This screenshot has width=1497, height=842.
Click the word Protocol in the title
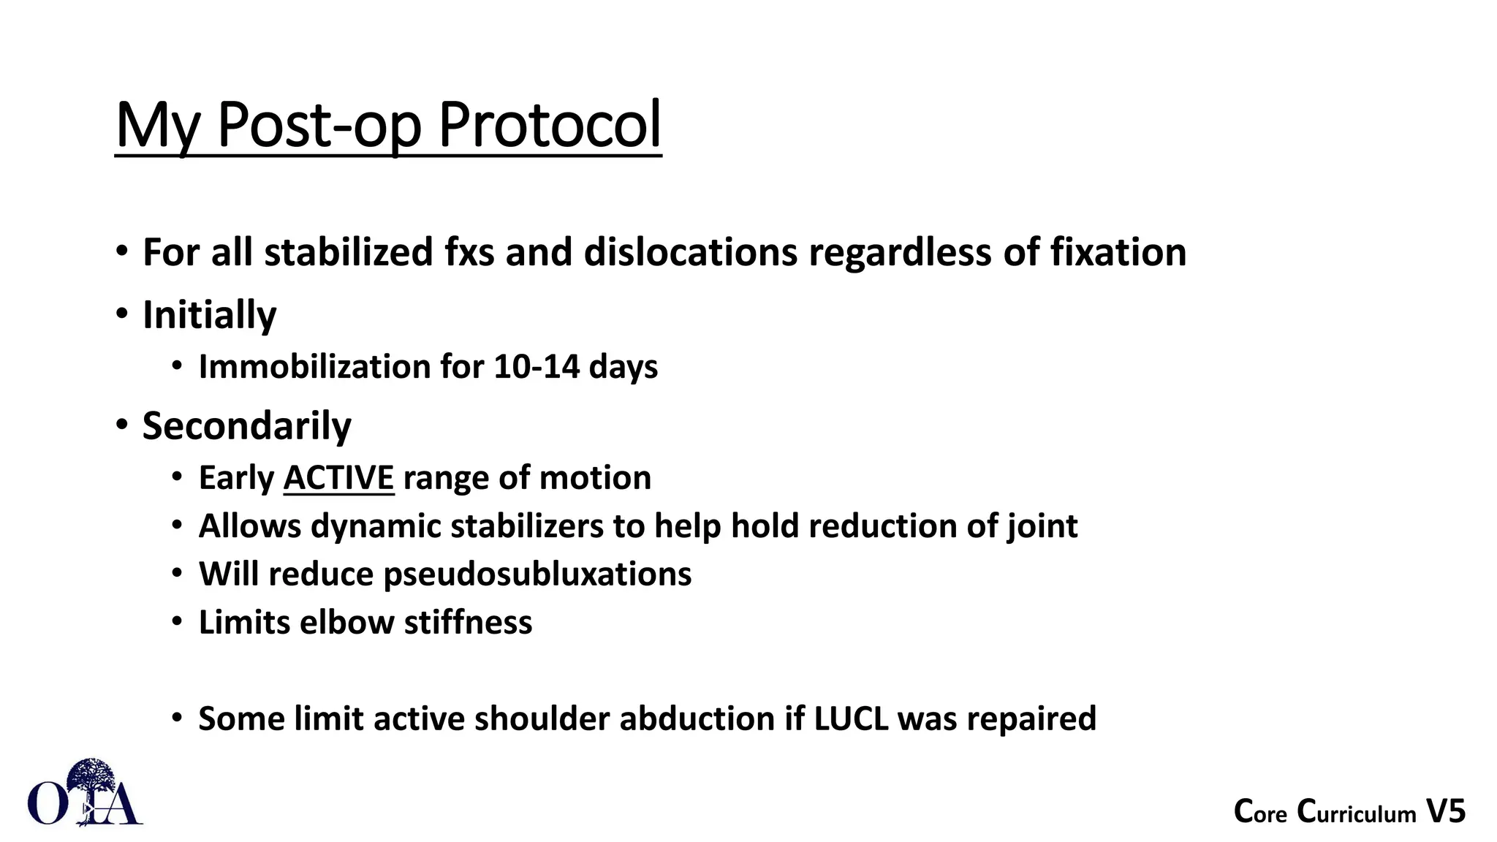point(550,126)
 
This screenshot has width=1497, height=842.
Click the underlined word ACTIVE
point(338,478)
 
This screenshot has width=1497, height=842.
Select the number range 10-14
point(537,366)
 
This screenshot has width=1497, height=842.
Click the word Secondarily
point(246,425)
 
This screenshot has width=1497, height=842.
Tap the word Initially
point(209,315)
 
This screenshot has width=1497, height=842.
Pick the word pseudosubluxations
point(537,574)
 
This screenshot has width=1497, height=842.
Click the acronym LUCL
point(851,718)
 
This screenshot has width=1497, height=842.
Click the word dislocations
point(691,252)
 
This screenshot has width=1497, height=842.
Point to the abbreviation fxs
point(469,252)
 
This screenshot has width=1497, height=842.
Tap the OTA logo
point(85,794)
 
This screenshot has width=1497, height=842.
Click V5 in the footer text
point(1447,812)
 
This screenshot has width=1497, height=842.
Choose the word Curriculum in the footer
point(1357,812)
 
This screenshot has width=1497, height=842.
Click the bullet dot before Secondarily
point(121,425)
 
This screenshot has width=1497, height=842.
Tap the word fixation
point(1118,252)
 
